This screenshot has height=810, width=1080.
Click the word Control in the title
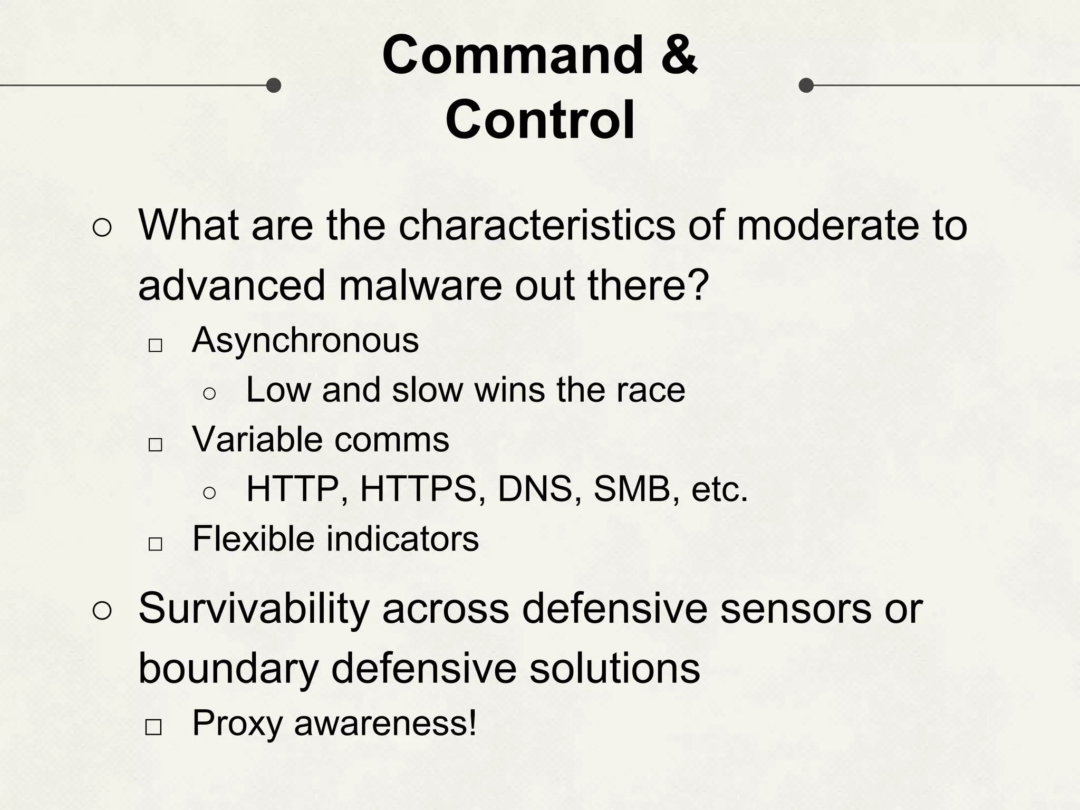click(x=540, y=120)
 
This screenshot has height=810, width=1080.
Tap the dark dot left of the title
click(x=273, y=85)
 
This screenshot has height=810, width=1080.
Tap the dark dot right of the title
click(x=806, y=85)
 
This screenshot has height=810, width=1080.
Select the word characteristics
click(x=536, y=226)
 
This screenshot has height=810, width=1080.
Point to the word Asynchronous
click(x=305, y=340)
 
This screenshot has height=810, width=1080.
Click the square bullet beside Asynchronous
click(x=155, y=346)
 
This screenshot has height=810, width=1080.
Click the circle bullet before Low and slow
click(x=209, y=393)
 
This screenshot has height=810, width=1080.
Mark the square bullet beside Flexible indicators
click(x=155, y=544)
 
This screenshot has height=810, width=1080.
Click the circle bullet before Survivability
click(x=102, y=611)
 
